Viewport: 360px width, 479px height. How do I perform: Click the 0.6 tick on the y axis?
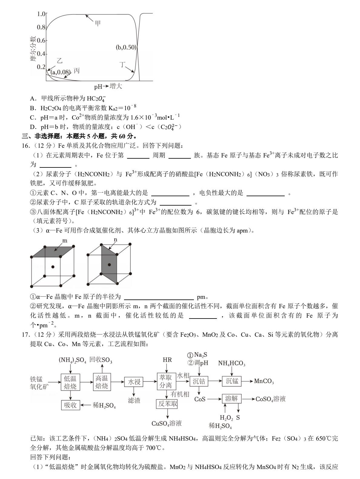(41, 40)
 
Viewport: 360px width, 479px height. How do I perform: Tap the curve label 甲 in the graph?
(97, 23)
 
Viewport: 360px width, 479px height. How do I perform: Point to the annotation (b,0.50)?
(126, 47)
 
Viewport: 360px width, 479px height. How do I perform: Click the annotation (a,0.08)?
(61, 72)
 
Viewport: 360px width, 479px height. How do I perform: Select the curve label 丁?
(122, 64)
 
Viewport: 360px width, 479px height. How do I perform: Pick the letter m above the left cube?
(64, 241)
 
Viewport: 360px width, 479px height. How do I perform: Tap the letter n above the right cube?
(115, 240)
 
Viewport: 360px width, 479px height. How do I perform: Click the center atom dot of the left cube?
(53, 267)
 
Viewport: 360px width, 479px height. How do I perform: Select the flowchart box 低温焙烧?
(70, 382)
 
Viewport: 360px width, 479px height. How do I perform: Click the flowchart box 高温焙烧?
(102, 382)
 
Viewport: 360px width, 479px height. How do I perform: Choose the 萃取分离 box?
(166, 381)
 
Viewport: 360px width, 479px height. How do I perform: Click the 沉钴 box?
(199, 381)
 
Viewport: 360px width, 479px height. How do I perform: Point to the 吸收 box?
(70, 405)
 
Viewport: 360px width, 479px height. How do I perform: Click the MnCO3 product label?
(264, 381)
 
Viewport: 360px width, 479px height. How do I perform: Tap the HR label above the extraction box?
(167, 360)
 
